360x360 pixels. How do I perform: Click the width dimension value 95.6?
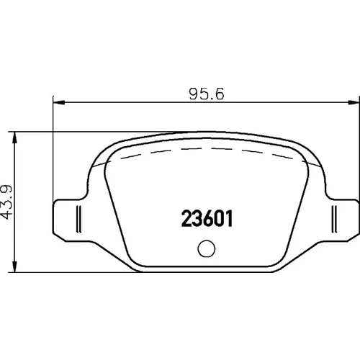tap(207, 94)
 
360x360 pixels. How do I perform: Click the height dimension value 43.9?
tap(6, 202)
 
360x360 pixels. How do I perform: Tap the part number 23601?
tap(207, 218)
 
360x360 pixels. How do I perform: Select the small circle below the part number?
tap(207, 248)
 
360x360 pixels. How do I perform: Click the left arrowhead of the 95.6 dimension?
tap(59, 103)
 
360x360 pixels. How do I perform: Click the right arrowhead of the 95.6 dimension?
tap(354, 103)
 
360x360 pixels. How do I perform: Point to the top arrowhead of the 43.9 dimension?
tap(15, 138)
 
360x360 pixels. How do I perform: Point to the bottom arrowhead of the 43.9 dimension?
tap(15, 266)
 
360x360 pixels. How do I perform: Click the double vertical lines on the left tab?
tap(78, 219)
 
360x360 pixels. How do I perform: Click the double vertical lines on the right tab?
tap(334, 219)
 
